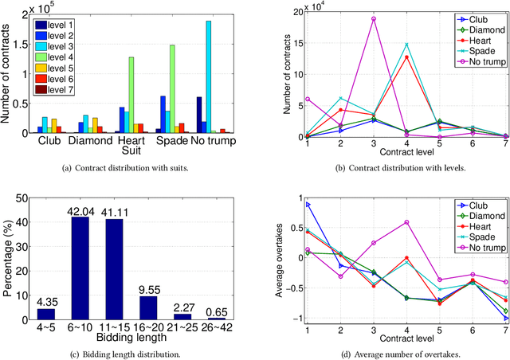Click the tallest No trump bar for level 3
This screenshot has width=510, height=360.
[209, 76]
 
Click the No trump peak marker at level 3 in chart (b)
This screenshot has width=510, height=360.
[373, 18]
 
